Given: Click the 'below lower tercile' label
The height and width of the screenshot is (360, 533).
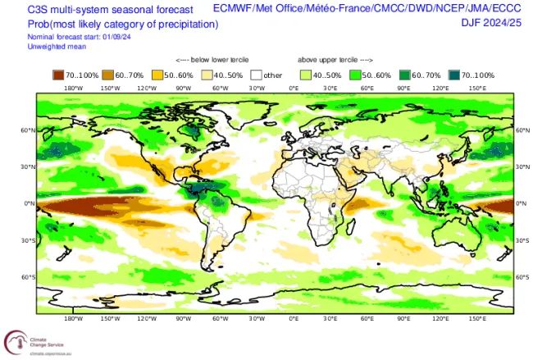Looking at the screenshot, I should click(x=212, y=61).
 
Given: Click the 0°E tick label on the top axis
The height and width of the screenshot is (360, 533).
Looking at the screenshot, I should click(x=294, y=88).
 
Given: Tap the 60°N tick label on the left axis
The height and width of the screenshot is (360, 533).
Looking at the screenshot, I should click(x=28, y=130).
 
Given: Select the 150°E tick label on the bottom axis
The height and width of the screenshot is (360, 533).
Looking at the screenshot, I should click(x=477, y=318).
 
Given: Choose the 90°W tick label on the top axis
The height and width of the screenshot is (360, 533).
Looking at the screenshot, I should click(x=183, y=88).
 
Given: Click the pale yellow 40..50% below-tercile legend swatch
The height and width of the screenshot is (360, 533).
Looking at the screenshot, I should click(x=209, y=75).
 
